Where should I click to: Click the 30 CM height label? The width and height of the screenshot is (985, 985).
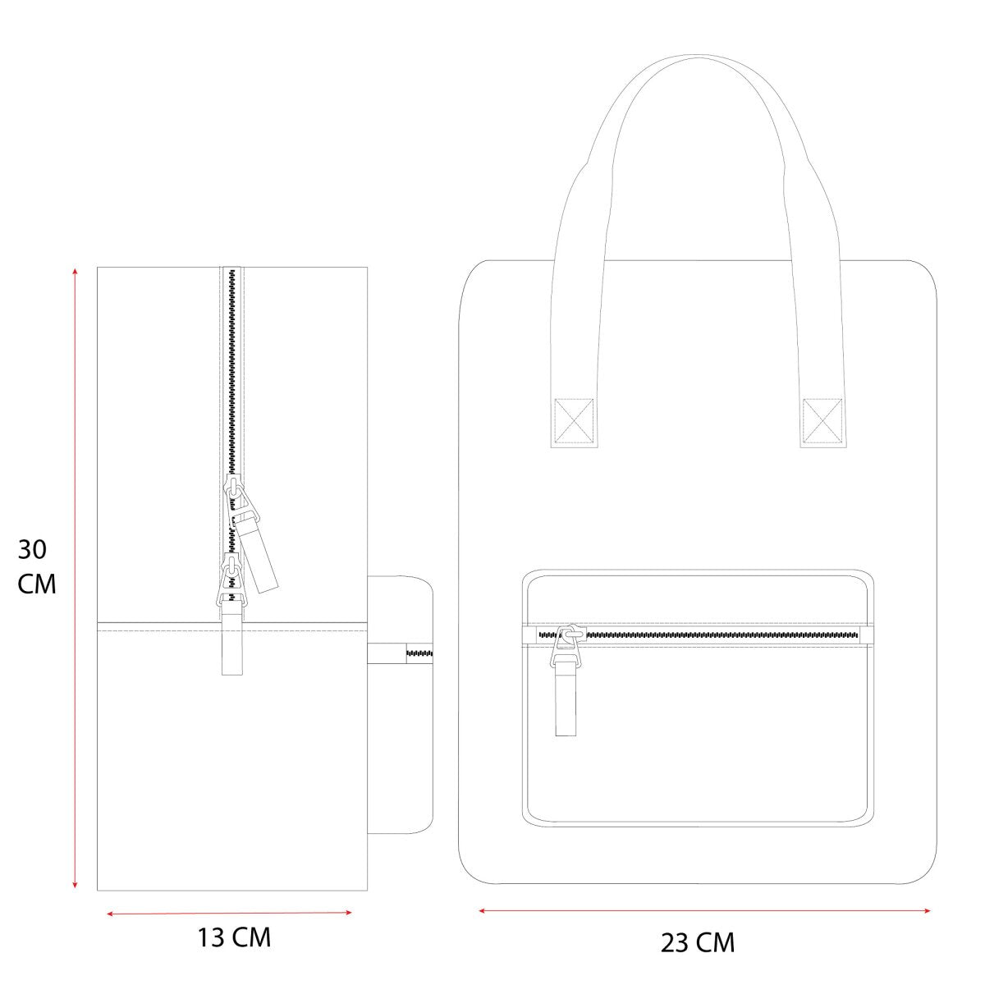(36, 567)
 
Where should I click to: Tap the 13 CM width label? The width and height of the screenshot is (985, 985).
(234, 937)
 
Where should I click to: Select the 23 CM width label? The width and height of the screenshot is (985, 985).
(697, 943)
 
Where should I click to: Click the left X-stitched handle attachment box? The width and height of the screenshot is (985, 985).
(574, 421)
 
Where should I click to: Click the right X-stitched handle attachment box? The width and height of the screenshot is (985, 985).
(822, 421)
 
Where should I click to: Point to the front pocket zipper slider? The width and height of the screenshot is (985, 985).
(566, 645)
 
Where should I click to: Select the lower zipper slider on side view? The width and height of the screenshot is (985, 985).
(233, 581)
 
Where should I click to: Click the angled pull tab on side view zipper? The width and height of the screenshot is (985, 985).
(255, 554)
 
